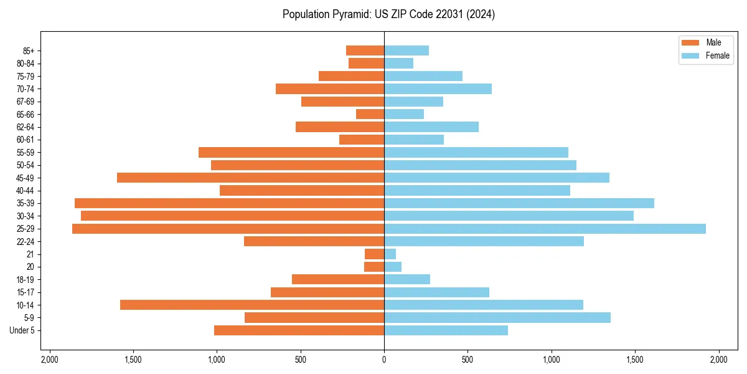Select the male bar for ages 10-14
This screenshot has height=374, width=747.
click(x=252, y=305)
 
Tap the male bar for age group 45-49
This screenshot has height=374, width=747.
click(x=250, y=178)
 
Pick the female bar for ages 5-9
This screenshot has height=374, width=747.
click(x=497, y=317)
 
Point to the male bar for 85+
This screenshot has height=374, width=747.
click(x=365, y=50)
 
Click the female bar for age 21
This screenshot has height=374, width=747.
click(x=390, y=254)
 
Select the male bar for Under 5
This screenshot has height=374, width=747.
click(x=299, y=330)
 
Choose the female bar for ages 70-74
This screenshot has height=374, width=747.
click(x=438, y=89)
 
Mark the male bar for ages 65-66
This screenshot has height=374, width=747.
click(x=370, y=114)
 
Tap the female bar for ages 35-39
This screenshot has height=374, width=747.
click(x=519, y=203)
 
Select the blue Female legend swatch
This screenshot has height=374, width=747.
click(x=691, y=55)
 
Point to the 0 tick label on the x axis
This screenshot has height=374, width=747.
click(x=384, y=360)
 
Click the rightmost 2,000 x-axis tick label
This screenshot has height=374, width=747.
click(x=718, y=360)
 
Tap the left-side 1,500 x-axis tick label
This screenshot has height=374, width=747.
click(x=133, y=360)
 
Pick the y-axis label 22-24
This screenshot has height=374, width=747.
click(x=26, y=241)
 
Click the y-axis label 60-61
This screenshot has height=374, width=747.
click(x=26, y=140)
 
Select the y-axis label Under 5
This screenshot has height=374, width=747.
click(x=22, y=330)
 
